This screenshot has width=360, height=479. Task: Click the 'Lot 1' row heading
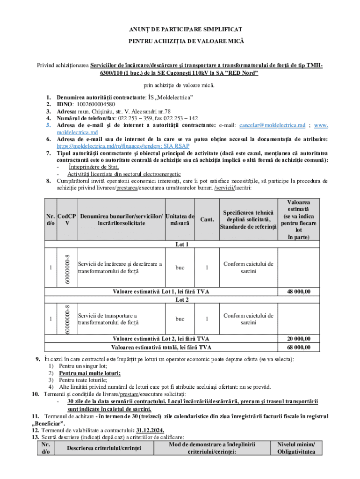pyautogui.click(x=182, y=244)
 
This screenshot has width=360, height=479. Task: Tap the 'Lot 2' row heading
pyautogui.click(x=182, y=299)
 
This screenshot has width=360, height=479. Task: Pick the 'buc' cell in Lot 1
pyautogui.click(x=180, y=268)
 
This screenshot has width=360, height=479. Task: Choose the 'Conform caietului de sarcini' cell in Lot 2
pyautogui.click(x=248, y=319)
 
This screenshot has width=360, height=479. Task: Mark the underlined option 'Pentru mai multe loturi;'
pyautogui.click(x=90, y=373)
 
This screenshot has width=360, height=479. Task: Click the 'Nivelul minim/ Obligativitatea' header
pyautogui.click(x=296, y=448)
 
